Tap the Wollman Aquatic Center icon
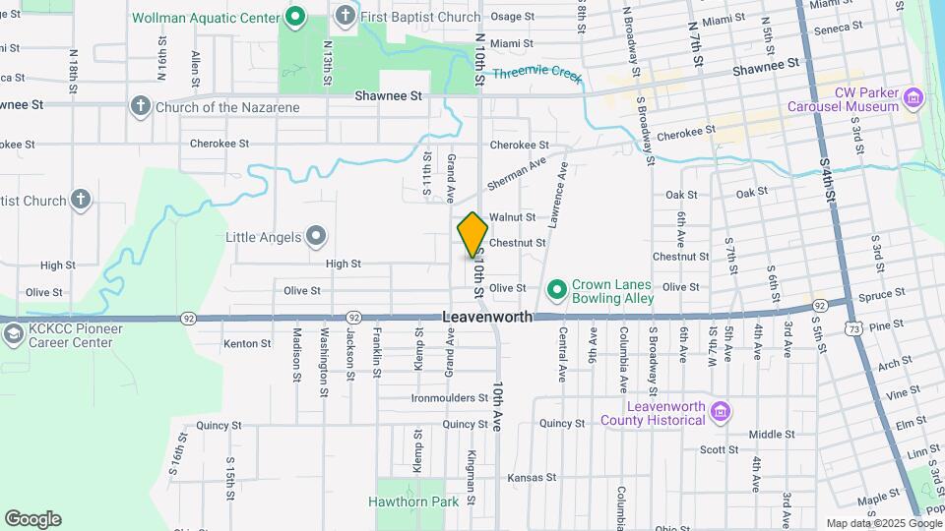(294, 17)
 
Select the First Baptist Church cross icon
(345, 16)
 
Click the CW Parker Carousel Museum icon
(914, 97)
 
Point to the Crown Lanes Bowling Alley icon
(556, 289)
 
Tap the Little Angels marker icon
(315, 236)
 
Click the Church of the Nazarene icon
(140, 106)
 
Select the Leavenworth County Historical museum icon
(720, 410)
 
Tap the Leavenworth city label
(487, 318)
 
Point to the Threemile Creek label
(537, 74)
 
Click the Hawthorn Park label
(413, 501)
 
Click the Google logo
(32, 519)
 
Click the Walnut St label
(512, 216)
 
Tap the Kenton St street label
(247, 343)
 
